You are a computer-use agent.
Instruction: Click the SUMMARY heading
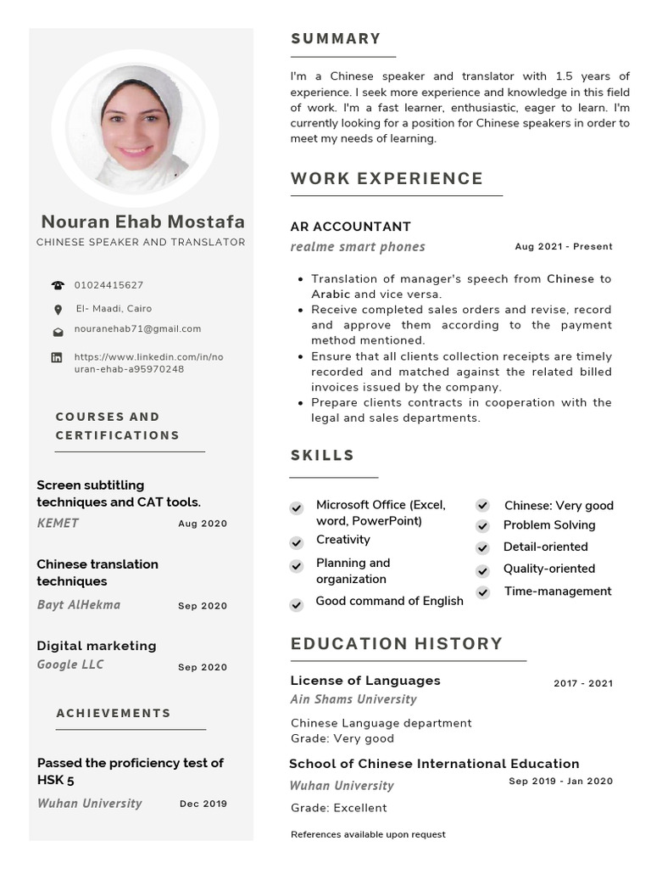336,39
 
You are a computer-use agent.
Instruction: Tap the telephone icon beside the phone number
58,286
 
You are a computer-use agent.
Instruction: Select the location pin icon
58,310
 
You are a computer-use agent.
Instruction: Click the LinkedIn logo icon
57,358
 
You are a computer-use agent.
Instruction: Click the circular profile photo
136,129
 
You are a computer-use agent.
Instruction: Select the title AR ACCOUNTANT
350,227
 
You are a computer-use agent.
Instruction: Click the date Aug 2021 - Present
563,247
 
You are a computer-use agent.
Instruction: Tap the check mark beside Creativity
297,542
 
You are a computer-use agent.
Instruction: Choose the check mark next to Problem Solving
482,526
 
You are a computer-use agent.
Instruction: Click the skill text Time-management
557,591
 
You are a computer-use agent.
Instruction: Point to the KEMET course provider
58,524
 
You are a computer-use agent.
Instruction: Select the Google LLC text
70,664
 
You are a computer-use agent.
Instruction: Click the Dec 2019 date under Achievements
203,804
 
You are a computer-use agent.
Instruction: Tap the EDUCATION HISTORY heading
397,644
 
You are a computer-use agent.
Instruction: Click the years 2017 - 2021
583,683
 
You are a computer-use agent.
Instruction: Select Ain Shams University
353,699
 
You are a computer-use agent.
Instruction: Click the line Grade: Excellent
338,808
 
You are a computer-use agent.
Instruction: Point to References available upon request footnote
368,835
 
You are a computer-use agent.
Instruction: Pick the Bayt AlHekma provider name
79,605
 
